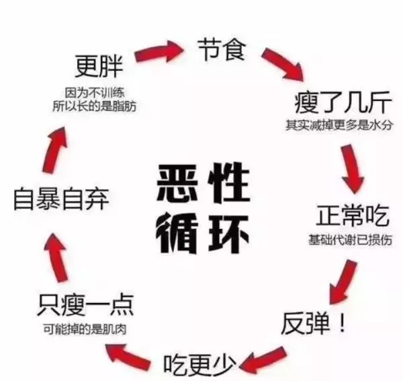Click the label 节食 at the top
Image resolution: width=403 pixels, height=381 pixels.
[x=222, y=50]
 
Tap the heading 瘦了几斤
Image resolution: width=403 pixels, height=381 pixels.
[x=343, y=102]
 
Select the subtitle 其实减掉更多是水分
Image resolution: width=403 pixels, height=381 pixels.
[x=339, y=125]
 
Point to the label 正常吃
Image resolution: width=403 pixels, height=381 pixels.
[x=352, y=216]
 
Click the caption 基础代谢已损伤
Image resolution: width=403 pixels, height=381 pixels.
[x=350, y=240]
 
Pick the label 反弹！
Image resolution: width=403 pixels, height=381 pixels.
[x=313, y=323]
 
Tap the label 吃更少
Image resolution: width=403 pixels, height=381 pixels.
[x=199, y=366]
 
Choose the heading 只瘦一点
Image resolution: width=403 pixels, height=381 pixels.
[x=85, y=305]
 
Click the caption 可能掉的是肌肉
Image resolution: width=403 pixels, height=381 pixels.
[x=85, y=329]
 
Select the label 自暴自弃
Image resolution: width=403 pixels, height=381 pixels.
[x=61, y=199]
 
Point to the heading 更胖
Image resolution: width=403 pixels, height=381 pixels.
[x=99, y=66]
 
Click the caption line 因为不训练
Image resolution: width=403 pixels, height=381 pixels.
[x=95, y=94]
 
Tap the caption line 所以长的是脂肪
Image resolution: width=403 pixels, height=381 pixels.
[x=94, y=106]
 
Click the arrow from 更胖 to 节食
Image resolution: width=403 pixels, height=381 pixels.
[x=159, y=52]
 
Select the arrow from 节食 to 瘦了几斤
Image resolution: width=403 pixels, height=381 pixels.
[x=283, y=64]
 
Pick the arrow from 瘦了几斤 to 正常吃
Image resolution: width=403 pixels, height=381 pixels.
[x=353, y=169]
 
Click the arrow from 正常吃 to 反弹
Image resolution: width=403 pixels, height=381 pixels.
[x=343, y=282]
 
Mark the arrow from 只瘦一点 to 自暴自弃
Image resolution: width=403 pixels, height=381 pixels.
[x=56, y=258]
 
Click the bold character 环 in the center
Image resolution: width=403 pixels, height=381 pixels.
[x=229, y=234]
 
